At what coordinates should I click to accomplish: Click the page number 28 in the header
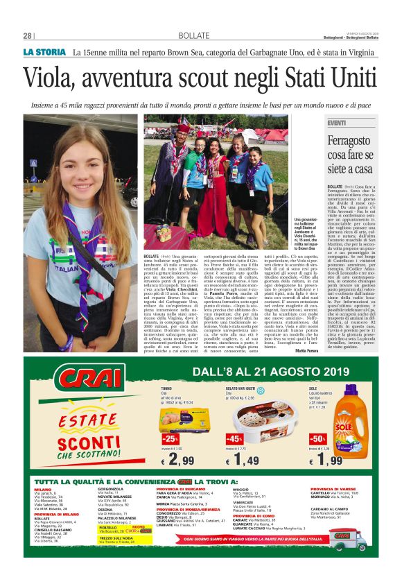[28, 36]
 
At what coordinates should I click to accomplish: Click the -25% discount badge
[171, 439]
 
